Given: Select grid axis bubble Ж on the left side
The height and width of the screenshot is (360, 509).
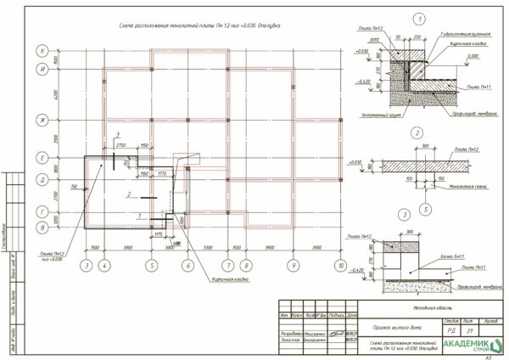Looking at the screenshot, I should click(40, 121).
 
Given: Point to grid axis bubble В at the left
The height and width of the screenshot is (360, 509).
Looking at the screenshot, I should click(40, 228).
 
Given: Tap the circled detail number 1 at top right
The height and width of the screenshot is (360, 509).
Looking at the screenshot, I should click(418, 19).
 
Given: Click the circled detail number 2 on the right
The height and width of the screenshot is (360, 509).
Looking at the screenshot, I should click(417, 133).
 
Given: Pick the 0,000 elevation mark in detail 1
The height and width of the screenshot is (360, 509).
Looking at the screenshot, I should click(473, 57).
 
